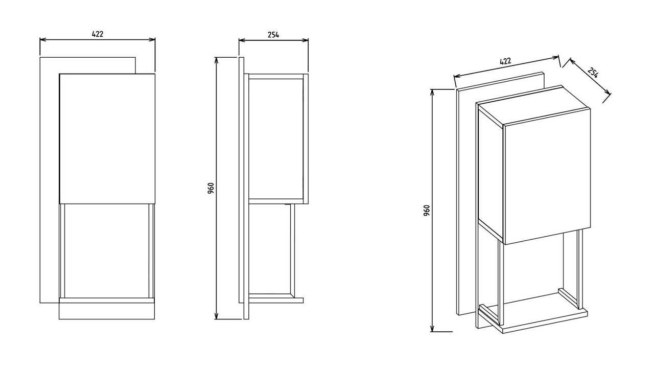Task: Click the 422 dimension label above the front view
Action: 98,34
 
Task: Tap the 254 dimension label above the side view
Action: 273,35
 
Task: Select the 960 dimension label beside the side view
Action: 211,188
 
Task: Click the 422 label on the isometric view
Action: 505,61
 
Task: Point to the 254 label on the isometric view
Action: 593,73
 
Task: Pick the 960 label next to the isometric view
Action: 426,210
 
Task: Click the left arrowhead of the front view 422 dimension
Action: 43,40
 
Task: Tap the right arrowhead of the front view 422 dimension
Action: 152,40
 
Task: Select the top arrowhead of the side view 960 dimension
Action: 216,60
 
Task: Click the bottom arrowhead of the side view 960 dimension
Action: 216,316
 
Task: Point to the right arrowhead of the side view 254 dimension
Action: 306,40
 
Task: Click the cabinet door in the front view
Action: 107,139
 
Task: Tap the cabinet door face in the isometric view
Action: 547,176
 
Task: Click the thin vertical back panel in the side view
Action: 242,180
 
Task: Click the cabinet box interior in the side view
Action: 276,139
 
